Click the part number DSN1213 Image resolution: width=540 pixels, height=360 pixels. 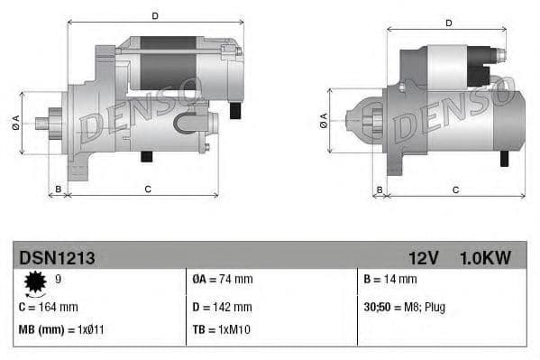click(57, 258)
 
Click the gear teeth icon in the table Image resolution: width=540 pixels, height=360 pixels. click(36, 283)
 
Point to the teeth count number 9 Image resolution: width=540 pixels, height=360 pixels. click(59, 280)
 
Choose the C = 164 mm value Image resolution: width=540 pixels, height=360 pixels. click(49, 307)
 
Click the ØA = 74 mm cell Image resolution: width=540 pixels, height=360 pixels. click(223, 280)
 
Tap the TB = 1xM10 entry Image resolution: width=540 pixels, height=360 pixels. click(221, 329)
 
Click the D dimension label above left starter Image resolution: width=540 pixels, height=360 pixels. click(155, 16)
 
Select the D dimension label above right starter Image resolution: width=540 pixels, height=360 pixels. click(449, 23)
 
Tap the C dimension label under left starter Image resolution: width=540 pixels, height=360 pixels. click(147, 189)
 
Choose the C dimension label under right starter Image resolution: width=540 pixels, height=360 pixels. click(455, 189)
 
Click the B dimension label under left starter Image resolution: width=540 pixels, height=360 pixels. click(59, 189)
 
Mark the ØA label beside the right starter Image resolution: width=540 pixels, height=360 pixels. click(324, 119)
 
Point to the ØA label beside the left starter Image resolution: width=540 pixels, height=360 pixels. click(16, 124)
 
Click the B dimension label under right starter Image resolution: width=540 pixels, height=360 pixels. click(380, 189)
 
